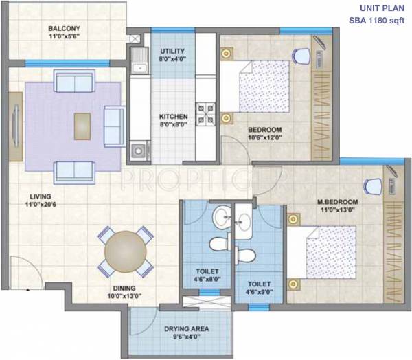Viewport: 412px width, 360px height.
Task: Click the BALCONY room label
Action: coord(67,28)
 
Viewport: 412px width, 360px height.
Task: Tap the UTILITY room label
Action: coord(173,52)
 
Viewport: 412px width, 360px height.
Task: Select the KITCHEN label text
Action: coord(173,116)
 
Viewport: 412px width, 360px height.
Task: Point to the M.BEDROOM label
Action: coord(337,201)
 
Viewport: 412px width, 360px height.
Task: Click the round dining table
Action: coord(126,252)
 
